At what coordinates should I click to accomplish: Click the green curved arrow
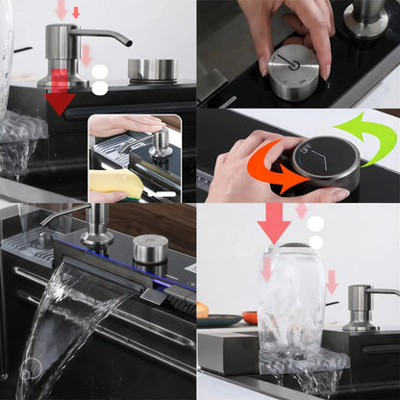click(371, 137)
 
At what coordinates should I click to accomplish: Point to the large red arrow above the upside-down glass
click(274, 222)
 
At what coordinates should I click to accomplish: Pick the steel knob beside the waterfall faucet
click(150, 248)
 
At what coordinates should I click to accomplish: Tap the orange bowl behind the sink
click(250, 317)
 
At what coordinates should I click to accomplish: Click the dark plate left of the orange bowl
click(219, 320)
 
